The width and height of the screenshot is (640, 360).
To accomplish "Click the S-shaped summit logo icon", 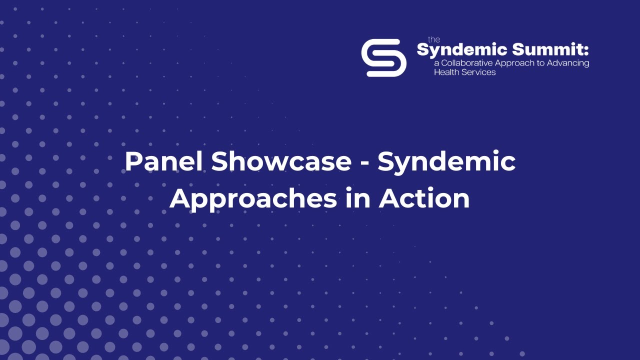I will point(383,57).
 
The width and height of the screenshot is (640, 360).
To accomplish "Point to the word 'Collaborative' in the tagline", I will point(465,63).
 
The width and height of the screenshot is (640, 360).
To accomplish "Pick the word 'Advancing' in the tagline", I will point(568,63).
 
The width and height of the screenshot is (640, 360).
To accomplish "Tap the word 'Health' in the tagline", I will point(445,72).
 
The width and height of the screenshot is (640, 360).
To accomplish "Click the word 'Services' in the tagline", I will point(477,72).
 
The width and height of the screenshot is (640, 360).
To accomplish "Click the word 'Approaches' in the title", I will point(253,199).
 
